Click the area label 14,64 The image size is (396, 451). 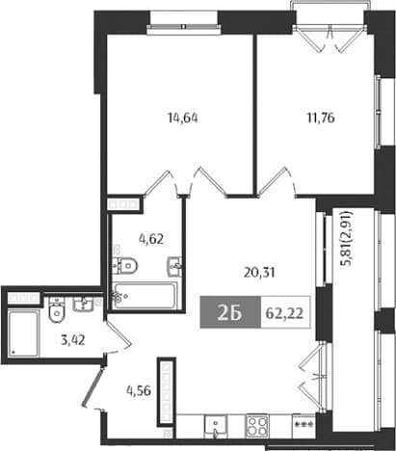pyautogui.click(x=183, y=119)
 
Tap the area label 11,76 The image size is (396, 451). pyautogui.click(x=321, y=118)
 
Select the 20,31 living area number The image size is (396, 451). pyautogui.click(x=259, y=273)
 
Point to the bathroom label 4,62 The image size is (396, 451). pyautogui.click(x=151, y=239)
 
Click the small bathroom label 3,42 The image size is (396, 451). pyautogui.click(x=73, y=339)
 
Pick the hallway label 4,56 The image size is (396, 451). pyautogui.click(x=139, y=390)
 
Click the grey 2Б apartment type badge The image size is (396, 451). pyautogui.click(x=230, y=312)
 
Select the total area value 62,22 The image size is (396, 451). pyautogui.click(x=284, y=313)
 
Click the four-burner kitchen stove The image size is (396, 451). pyautogui.click(x=257, y=426)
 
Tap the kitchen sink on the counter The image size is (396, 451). pyautogui.click(x=216, y=427)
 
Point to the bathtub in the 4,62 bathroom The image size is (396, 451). pyautogui.click(x=145, y=296)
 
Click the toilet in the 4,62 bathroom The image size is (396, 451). pyautogui.click(x=125, y=266)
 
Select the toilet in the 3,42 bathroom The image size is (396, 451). pyautogui.click(x=57, y=309)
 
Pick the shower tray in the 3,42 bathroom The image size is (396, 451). pyautogui.click(x=23, y=332)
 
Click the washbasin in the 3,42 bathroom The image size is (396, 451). pyautogui.click(x=83, y=304)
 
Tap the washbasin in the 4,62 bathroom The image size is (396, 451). pyautogui.click(x=174, y=266)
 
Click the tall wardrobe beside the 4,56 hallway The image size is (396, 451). pyautogui.click(x=167, y=392)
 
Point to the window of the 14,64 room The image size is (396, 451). pyautogui.click(x=184, y=27)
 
